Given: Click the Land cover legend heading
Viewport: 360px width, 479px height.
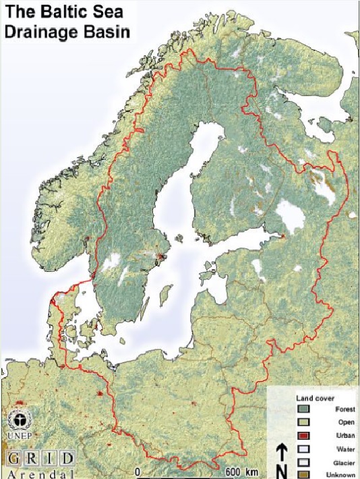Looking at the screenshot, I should tap(311, 399).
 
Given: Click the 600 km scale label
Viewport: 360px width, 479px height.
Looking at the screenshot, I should tap(242, 471).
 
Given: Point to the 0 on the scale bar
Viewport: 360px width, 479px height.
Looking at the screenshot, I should tap(138, 471).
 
